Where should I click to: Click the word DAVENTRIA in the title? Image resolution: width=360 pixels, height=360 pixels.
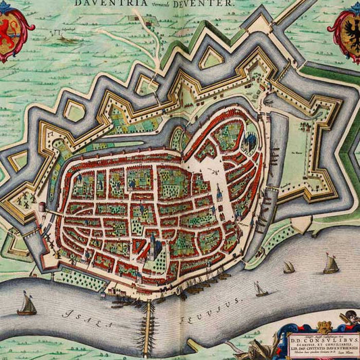pyautogui.click(x=99, y=3)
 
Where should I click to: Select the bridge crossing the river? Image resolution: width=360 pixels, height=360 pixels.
pyautogui.click(x=149, y=328)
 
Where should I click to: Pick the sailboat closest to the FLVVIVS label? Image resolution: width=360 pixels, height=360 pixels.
pyautogui.click(x=261, y=290)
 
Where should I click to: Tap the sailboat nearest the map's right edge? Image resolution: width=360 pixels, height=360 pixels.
pyautogui.click(x=330, y=263)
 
